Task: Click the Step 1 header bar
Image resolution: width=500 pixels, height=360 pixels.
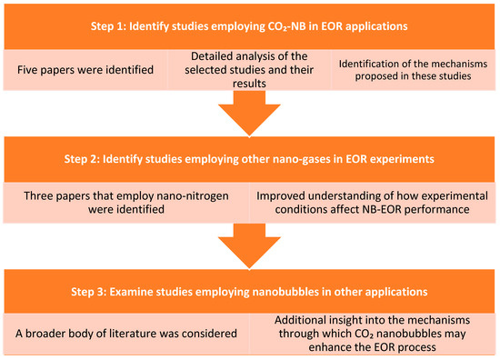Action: coord(249,26)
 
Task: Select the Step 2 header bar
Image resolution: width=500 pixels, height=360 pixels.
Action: coord(249,159)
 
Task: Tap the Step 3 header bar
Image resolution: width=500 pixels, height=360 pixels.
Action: coord(249,292)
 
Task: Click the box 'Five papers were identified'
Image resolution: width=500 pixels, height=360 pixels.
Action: coord(85,70)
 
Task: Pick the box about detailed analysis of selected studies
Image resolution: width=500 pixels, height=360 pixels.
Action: coord(249,70)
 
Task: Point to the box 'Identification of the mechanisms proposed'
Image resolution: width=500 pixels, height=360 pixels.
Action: coord(414,70)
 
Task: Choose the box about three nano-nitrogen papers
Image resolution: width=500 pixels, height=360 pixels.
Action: coord(126,203)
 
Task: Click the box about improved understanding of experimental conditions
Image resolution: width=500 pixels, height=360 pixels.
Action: coord(372,203)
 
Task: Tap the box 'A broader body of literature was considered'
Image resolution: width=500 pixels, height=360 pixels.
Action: coord(126,334)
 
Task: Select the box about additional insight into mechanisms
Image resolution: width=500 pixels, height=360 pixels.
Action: coord(372,334)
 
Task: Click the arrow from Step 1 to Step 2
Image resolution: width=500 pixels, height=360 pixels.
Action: coord(249,114)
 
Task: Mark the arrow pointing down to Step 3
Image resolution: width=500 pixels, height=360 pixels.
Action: coord(249,246)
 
